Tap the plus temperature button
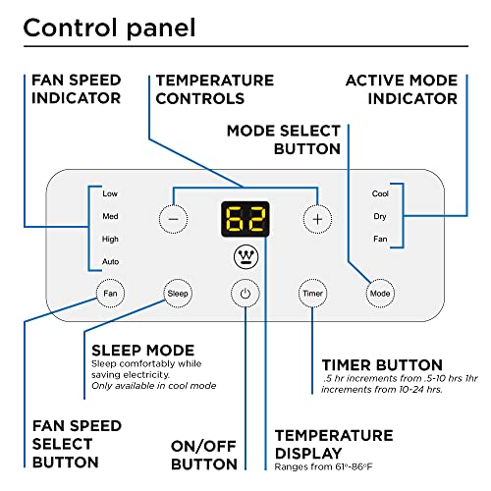pyautogui.click(x=317, y=219)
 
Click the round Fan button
pyautogui.click(x=110, y=294)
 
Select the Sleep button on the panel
pyautogui.click(x=178, y=294)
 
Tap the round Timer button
pyautogui.click(x=312, y=294)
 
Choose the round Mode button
pyautogui.click(x=380, y=294)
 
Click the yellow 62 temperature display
pyautogui.click(x=245, y=219)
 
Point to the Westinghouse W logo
pyautogui.click(x=246, y=256)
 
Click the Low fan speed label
pyautogui.click(x=110, y=193)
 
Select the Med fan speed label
pyautogui.click(x=110, y=216)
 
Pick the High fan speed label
pyautogui.click(x=110, y=240)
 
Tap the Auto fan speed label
pyautogui.click(x=110, y=262)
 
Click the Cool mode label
pyautogui.click(x=380, y=193)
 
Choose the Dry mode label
pyautogui.click(x=380, y=216)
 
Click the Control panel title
pyautogui.click(x=110, y=28)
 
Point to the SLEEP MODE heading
pyautogui.click(x=143, y=351)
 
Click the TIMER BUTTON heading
pyautogui.click(x=382, y=365)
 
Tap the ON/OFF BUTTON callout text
pyautogui.click(x=204, y=455)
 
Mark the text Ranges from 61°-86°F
pyautogui.click(x=323, y=466)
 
